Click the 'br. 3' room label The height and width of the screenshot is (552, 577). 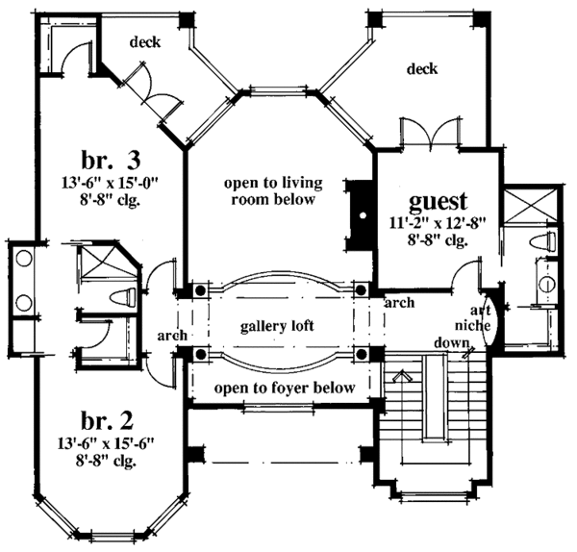111,161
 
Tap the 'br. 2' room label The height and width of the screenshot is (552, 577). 107,422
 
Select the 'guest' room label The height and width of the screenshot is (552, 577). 438,202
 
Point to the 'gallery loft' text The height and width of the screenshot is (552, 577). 277,326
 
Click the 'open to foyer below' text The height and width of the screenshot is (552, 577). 285,388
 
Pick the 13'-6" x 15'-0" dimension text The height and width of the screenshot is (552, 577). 110,182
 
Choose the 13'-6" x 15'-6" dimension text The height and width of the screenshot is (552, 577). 105,443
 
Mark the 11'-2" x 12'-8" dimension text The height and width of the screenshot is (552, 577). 438,223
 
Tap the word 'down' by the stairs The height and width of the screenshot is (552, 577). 452,343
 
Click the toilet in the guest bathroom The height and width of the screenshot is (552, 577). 542,242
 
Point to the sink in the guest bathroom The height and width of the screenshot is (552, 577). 546,284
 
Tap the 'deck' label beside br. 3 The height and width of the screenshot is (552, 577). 145,42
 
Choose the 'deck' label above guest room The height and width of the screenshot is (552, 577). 422,69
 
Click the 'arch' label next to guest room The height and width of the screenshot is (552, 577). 399,303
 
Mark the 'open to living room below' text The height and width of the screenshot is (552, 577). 273,191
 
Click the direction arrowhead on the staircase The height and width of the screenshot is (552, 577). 403,376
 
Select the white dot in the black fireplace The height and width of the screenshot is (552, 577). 364,215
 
